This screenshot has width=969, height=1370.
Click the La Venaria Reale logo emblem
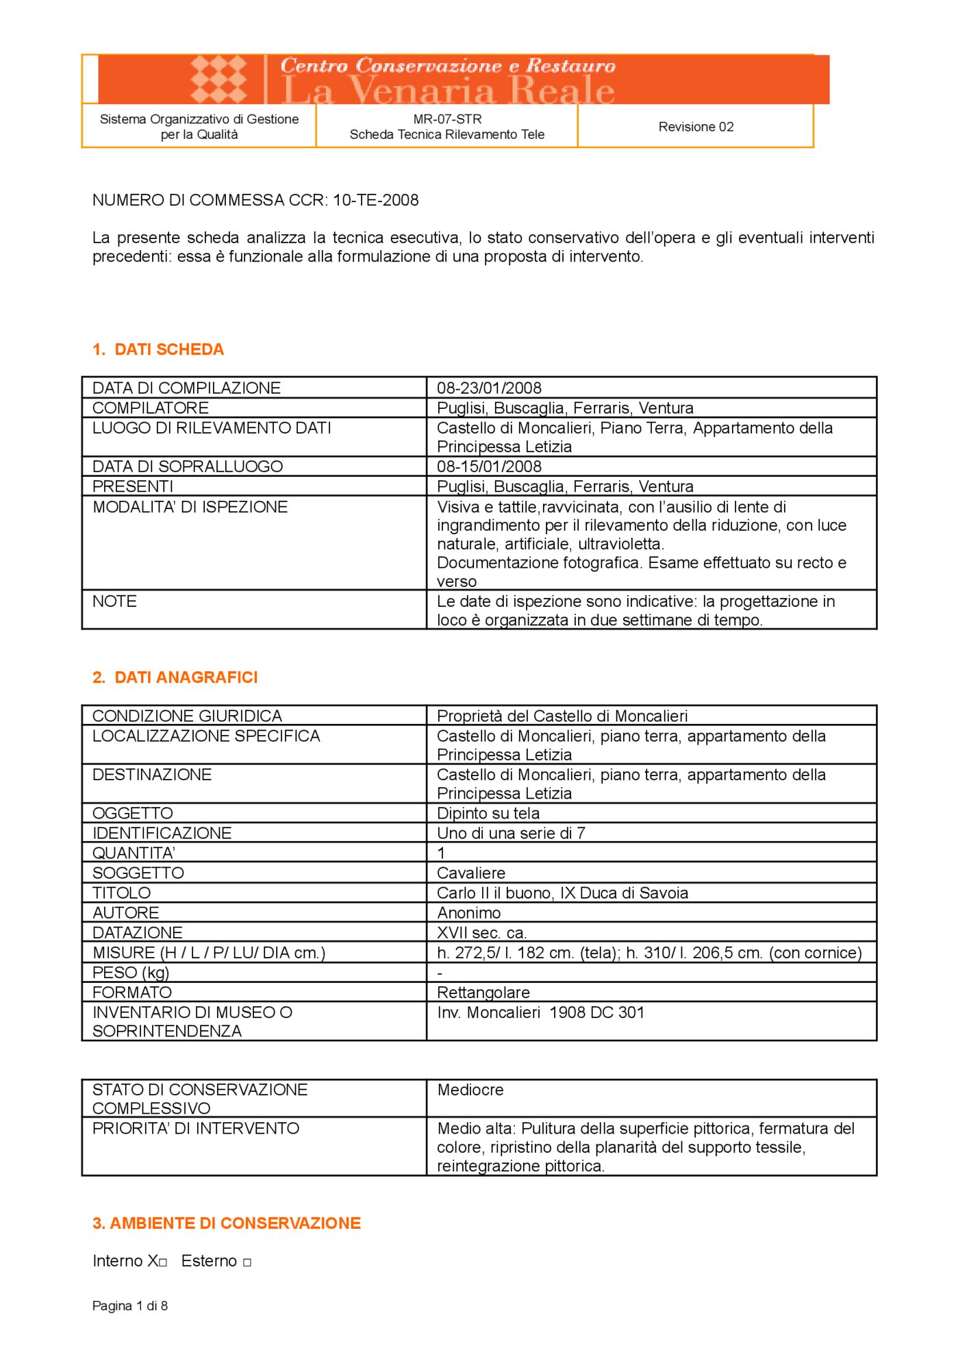point(218,79)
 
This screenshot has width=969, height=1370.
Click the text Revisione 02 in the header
point(696,127)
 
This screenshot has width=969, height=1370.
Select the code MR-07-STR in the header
point(447,119)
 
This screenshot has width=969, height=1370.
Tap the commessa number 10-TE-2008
point(375,200)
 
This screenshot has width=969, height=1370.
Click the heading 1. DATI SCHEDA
point(158,349)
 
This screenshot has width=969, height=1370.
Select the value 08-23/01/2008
point(489,388)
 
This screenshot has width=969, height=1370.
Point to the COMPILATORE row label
point(151,408)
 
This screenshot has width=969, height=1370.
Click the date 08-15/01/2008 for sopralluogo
point(489,466)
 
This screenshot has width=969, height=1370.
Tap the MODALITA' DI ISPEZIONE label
point(190,507)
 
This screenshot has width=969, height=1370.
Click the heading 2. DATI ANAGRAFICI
point(175,677)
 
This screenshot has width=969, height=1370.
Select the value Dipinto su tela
point(488,813)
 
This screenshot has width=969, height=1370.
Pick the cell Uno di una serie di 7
point(511,833)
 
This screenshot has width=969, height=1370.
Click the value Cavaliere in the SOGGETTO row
point(471,873)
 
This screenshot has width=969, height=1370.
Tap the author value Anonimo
point(469,912)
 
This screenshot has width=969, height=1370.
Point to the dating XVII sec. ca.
point(481,932)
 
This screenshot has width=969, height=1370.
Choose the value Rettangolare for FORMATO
point(483,992)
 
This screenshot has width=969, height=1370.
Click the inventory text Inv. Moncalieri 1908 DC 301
point(541,1012)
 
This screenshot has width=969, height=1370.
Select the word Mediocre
point(470,1090)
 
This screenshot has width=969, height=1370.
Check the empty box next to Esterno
point(247,1262)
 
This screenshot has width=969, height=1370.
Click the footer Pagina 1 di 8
point(130,1306)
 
